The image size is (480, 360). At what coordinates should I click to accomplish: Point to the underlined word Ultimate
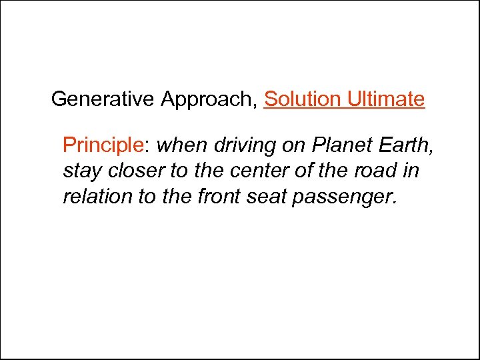(385, 99)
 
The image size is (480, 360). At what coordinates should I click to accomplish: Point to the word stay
(82, 171)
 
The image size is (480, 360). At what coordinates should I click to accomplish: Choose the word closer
(135, 171)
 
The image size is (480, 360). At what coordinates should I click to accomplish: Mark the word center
(258, 171)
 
